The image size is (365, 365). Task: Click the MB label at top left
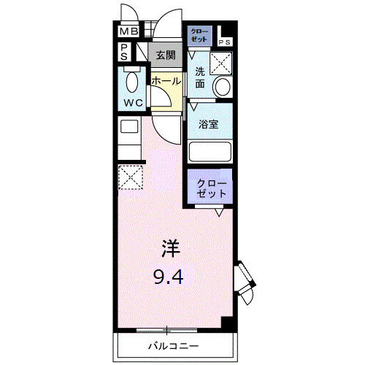[128, 32]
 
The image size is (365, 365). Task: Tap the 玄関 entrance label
[164, 55]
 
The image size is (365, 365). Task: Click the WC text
[133, 103]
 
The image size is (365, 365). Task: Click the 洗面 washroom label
[199, 77]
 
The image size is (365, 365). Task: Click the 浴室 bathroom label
[210, 123]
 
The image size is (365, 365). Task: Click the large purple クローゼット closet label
[212, 188]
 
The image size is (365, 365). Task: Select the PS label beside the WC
[125, 52]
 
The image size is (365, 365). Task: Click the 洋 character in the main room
[169, 249]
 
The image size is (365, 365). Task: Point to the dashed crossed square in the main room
[131, 177]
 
